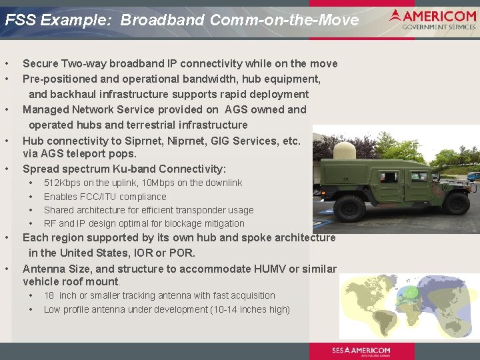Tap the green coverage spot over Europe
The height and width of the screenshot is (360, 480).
[x=412, y=292]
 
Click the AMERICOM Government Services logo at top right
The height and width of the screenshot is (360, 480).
[x=433, y=19]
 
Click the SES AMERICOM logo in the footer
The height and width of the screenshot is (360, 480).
[x=361, y=351]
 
